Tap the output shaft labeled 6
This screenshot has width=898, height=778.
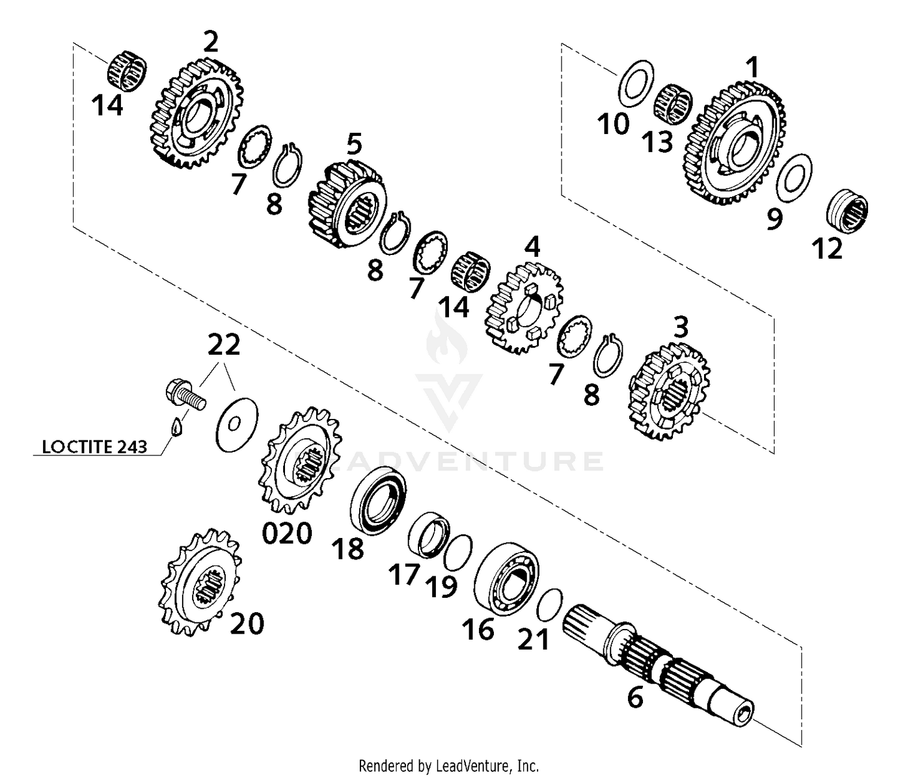point(659,664)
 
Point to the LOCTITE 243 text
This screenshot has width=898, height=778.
point(95,446)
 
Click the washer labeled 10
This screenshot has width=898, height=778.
point(635,86)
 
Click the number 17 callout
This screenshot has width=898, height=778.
point(405,575)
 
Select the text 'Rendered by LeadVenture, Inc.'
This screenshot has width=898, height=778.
point(448,765)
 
